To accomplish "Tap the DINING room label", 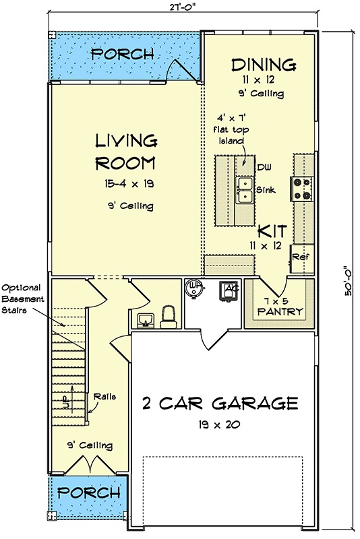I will click(264, 65).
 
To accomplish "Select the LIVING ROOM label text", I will click(126, 152).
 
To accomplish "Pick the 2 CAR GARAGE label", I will click(220, 404).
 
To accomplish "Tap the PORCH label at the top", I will click(122, 54).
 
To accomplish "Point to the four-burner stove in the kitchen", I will click(301, 188).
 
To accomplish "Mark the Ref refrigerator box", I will click(299, 257).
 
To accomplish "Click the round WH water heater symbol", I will click(193, 288).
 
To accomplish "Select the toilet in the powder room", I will click(169, 314).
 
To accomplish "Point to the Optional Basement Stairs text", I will click(24, 297).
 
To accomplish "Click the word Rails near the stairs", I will click(104, 396).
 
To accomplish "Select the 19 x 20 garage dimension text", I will click(220, 425).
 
